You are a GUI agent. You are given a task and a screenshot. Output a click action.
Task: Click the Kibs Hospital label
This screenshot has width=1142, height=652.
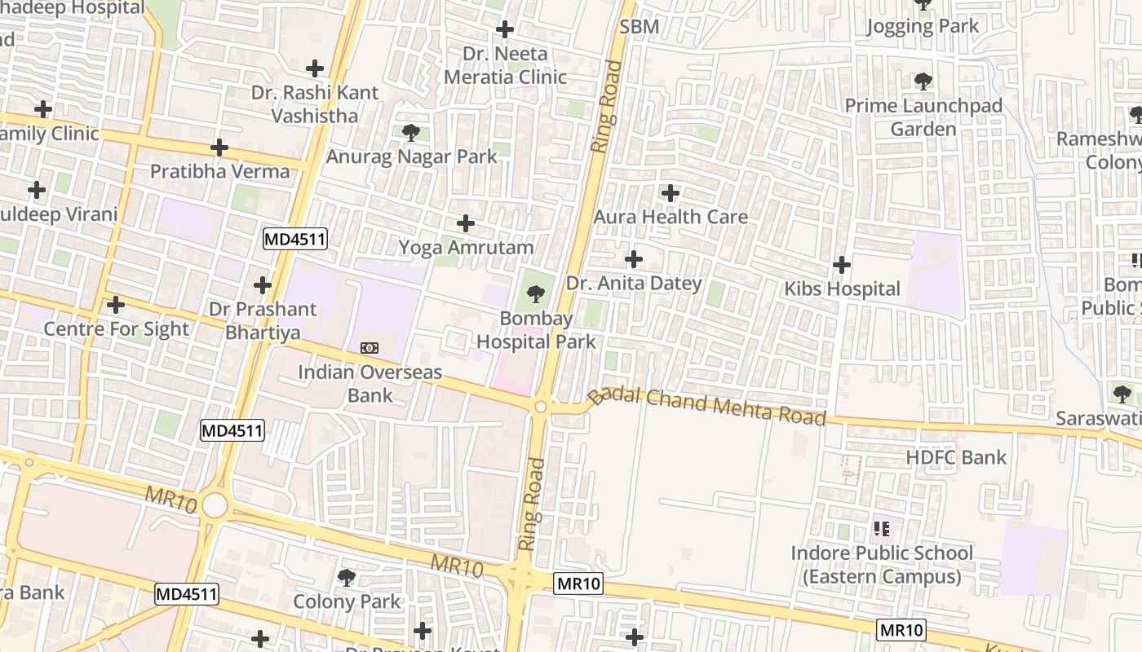(x=842, y=289)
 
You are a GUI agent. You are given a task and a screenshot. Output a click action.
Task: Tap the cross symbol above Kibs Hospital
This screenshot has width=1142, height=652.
(x=842, y=265)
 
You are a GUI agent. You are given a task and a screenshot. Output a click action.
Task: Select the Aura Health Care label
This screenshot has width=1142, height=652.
(x=671, y=217)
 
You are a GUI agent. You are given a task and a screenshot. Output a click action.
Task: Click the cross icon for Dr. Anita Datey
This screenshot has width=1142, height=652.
(x=633, y=260)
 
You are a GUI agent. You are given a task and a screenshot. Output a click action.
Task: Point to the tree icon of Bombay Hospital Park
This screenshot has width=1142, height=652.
(x=536, y=294)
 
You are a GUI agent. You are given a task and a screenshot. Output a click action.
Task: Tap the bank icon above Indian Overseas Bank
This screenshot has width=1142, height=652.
(x=370, y=348)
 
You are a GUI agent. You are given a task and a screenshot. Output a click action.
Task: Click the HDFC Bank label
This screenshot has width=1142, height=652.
(x=956, y=458)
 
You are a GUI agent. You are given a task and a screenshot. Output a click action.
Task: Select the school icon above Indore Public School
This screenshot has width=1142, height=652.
(x=882, y=529)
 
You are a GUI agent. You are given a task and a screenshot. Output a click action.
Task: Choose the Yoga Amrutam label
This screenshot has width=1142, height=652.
(x=466, y=248)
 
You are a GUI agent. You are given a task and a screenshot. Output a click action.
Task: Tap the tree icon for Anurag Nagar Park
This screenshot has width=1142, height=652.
(x=410, y=132)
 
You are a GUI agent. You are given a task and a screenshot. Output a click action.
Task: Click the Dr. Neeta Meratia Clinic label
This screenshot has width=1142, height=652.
(x=504, y=65)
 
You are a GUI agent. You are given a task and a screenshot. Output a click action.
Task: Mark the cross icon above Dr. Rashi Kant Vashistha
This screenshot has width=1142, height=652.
(x=315, y=69)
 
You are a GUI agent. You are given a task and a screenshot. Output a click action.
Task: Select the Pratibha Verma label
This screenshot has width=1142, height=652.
(x=219, y=172)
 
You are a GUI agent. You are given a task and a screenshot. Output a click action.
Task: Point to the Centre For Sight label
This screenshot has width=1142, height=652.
(x=116, y=329)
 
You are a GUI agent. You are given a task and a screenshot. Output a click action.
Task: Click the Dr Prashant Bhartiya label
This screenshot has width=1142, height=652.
(x=263, y=321)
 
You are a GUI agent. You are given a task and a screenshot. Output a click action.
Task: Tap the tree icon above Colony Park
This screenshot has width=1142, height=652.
(x=347, y=578)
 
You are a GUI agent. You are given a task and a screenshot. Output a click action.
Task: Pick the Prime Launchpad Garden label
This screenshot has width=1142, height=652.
(x=923, y=117)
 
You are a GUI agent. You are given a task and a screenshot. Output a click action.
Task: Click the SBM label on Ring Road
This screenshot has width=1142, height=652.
(x=639, y=27)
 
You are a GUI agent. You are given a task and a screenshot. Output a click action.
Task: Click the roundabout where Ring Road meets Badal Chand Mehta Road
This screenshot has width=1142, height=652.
(x=540, y=406)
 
